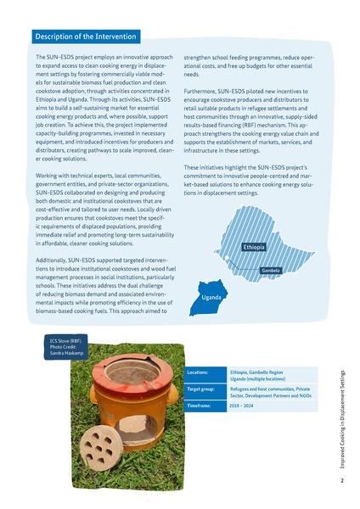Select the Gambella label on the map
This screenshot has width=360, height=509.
[271, 271]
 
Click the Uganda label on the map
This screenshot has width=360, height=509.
[212, 298]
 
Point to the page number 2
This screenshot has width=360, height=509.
[341, 481]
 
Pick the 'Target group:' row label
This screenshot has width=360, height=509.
[200, 390]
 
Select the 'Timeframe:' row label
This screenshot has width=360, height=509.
[199, 406]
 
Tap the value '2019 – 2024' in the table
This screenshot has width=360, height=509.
[242, 406]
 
